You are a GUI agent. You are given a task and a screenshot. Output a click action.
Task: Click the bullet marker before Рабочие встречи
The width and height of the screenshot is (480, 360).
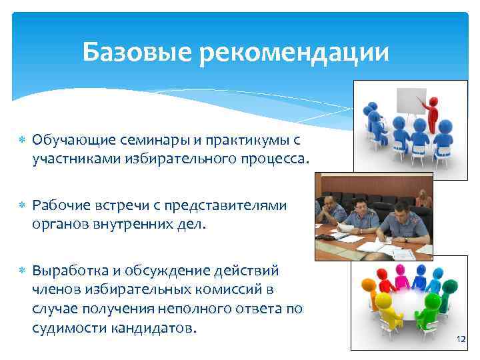tap(21, 206)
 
